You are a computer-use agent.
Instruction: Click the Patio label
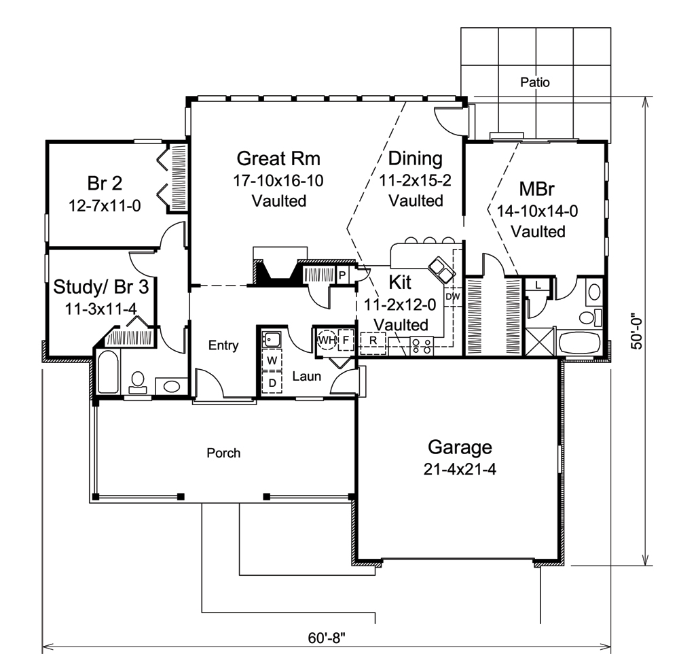(534, 82)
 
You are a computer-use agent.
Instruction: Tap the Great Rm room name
(278, 158)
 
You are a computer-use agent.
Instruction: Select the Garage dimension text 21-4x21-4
(460, 469)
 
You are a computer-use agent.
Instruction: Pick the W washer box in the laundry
(272, 359)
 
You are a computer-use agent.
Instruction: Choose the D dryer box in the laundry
(272, 382)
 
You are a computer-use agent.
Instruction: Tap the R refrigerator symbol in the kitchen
(373, 339)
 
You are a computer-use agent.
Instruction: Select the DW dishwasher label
(452, 296)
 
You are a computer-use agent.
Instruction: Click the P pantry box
(342, 275)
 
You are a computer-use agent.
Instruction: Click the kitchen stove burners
(421, 345)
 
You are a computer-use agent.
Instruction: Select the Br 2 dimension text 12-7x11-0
(105, 205)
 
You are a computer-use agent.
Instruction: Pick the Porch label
(223, 452)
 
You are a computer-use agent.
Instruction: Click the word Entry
(223, 346)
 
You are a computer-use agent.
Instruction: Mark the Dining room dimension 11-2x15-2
(416, 180)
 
